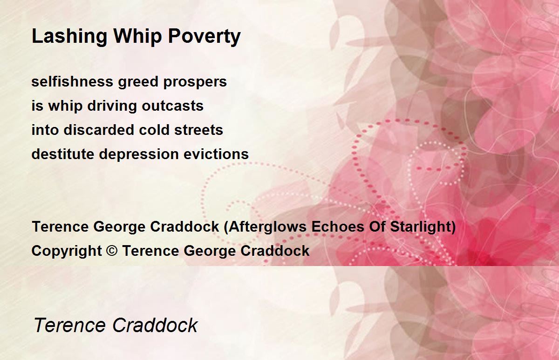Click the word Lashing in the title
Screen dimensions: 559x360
click(x=69, y=37)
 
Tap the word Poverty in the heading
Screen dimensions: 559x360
click(x=205, y=37)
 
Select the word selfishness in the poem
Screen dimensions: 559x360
click(x=72, y=81)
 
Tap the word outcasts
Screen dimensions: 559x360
click(x=173, y=106)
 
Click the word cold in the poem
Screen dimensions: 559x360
click(x=154, y=130)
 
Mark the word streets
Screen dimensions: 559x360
click(x=198, y=130)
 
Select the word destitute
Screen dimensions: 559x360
click(x=63, y=153)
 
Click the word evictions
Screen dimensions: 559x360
click(x=216, y=153)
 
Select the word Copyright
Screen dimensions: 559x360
click(x=67, y=251)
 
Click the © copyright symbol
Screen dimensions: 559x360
click(x=112, y=250)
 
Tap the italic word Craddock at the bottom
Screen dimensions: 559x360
click(x=155, y=325)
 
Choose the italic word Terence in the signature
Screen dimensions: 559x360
click(x=70, y=325)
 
